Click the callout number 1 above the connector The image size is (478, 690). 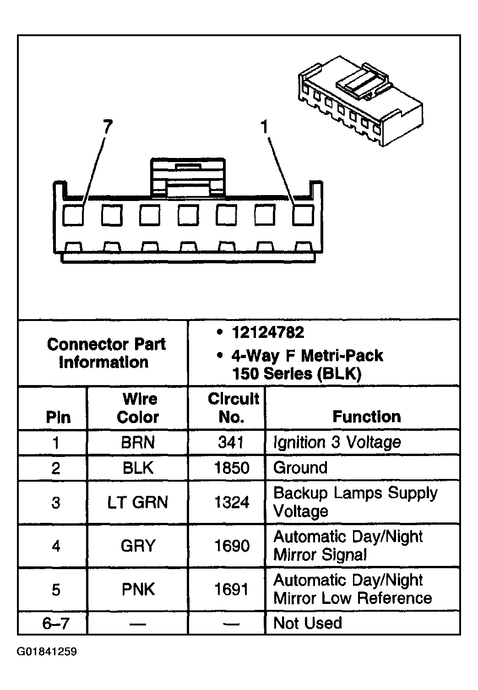[265, 127]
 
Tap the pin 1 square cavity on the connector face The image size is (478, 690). [303, 215]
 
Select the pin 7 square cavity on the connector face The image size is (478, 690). [73, 215]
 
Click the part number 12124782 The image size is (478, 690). [268, 332]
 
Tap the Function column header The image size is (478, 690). [366, 417]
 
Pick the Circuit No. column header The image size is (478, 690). [233, 408]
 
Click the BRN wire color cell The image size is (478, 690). [138, 442]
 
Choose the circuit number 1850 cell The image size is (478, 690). [232, 468]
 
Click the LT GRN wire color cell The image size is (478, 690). [138, 502]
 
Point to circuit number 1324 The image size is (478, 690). [232, 502]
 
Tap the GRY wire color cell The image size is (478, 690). [138, 546]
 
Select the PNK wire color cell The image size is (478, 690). [138, 589]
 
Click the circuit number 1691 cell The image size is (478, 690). [232, 589]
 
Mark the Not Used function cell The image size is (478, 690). [307, 623]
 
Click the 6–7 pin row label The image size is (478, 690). [55, 623]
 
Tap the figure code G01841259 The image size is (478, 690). [47, 652]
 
